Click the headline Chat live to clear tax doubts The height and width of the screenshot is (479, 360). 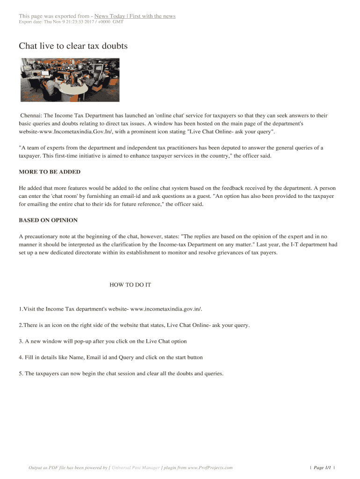pyautogui.click(x=73, y=46)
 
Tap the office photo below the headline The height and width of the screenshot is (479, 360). pyautogui.click(x=70, y=80)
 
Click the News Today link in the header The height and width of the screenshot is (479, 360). pyautogui.click(x=135, y=16)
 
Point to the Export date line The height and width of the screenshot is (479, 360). pyautogui.click(x=71, y=22)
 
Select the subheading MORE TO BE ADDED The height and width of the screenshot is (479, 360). pyautogui.click(x=50, y=172)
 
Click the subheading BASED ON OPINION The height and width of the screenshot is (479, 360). pyautogui.click(x=48, y=220)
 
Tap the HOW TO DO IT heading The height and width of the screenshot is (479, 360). pyautogui.click(x=130, y=284)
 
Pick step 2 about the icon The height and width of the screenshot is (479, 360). pyautogui.click(x=134, y=325)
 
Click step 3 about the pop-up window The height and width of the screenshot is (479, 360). pyautogui.click(x=103, y=341)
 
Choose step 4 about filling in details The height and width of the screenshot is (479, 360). pyautogui.click(x=111, y=357)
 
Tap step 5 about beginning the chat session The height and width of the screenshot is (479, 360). pyautogui.click(x=122, y=373)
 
